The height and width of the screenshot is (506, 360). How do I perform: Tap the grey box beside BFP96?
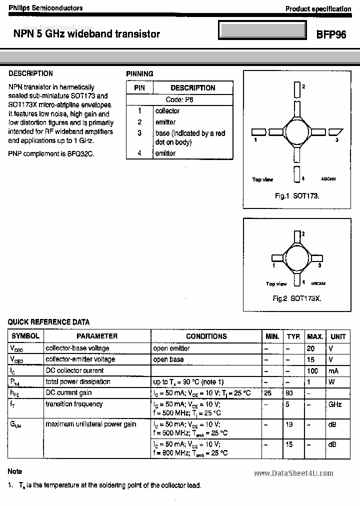click(262, 30)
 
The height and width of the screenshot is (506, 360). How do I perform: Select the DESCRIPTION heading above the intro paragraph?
click(30, 73)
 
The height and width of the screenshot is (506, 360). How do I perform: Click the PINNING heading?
click(139, 74)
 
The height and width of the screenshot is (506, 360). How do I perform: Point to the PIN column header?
click(139, 87)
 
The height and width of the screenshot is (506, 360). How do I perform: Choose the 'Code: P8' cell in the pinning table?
click(179, 99)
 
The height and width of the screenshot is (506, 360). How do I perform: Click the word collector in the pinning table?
click(167, 111)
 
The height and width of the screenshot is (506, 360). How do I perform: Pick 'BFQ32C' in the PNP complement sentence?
click(81, 153)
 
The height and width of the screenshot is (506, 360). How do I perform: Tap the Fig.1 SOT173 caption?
click(297, 196)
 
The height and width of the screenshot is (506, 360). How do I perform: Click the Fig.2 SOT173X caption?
click(296, 298)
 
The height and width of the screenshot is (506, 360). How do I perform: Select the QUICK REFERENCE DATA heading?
click(49, 322)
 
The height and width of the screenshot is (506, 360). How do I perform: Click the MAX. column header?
click(315, 336)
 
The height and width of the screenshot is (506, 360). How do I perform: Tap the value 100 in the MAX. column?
click(313, 370)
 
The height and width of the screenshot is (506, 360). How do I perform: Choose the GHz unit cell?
click(335, 404)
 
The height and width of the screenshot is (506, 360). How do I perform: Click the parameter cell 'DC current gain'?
click(68, 393)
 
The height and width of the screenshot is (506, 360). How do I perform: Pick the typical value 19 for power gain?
click(288, 424)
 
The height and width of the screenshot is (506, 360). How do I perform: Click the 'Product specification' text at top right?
click(318, 9)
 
